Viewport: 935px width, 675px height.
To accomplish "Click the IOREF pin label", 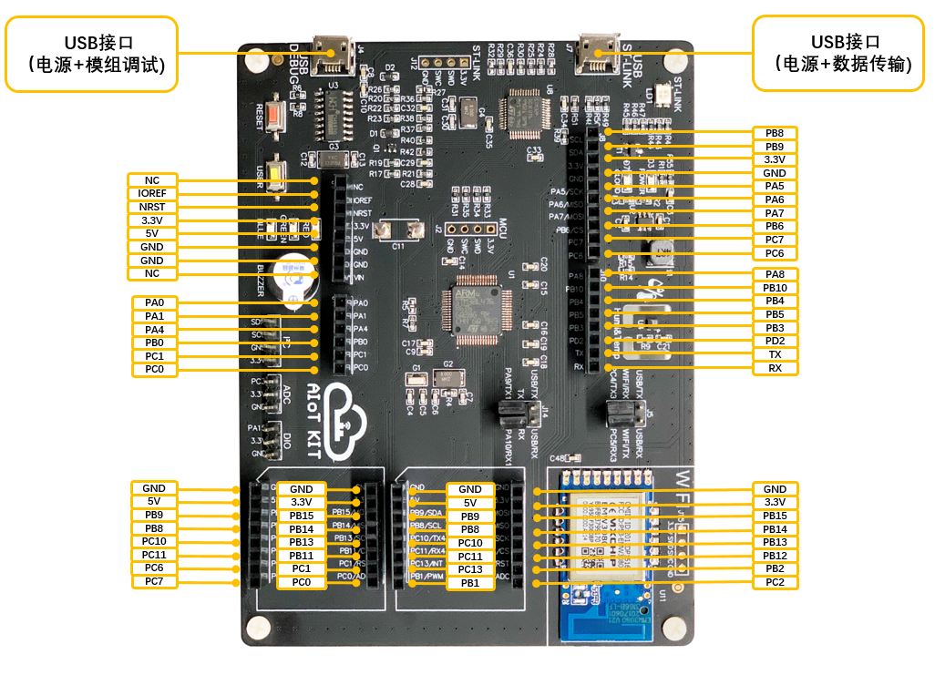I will [152, 193].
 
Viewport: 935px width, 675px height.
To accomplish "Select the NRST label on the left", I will [152, 207].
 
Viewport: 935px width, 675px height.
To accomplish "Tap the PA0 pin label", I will [154, 302].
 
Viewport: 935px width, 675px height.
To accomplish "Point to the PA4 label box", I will [154, 329].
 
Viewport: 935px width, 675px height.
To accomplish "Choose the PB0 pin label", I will [154, 343].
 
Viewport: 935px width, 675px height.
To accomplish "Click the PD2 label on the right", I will [775, 341].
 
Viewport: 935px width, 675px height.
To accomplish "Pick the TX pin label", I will [775, 354].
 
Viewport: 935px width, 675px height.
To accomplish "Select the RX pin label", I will [775, 368].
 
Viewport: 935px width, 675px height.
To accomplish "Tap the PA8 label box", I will [775, 274].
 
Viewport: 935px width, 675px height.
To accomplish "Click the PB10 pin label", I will [775, 288].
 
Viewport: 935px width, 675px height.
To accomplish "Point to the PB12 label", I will [775, 556].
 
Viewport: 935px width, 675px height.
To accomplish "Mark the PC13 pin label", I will [470, 569].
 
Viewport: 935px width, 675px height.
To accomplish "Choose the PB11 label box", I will [301, 556].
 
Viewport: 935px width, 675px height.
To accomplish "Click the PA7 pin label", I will [775, 213].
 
